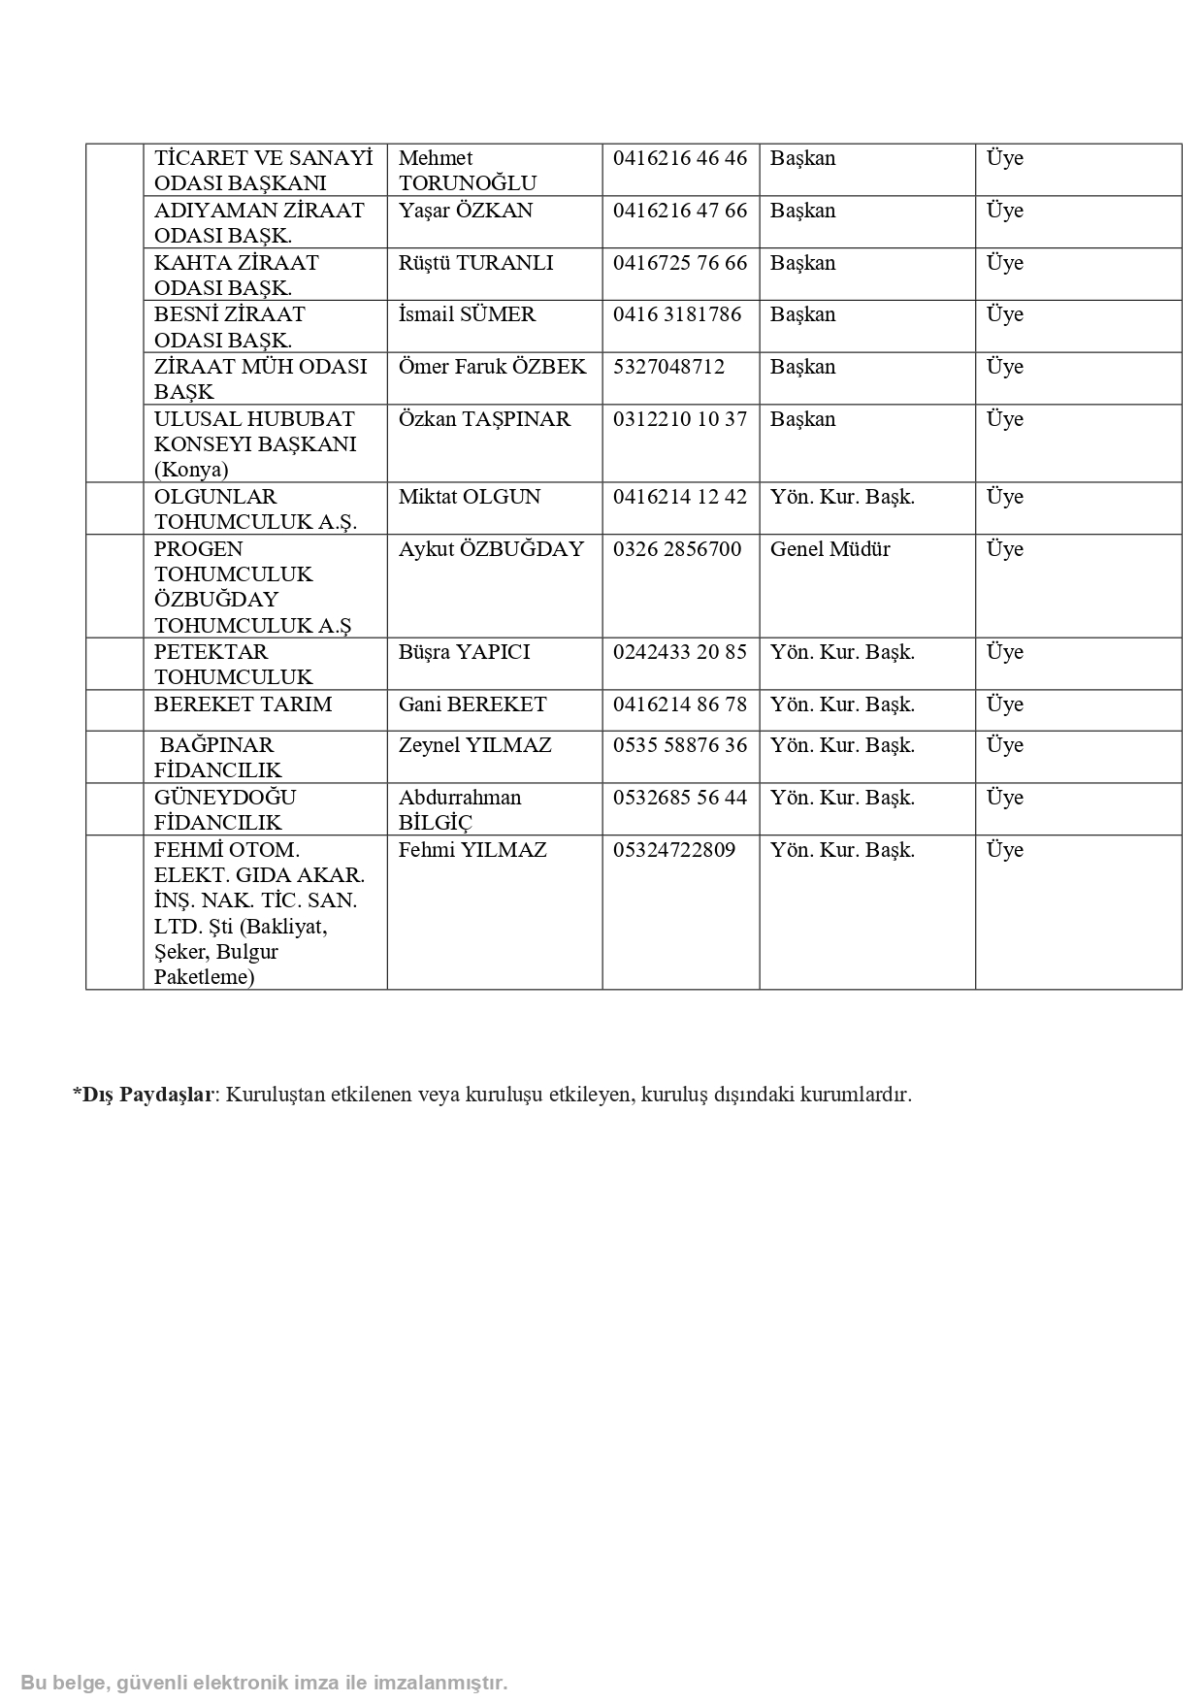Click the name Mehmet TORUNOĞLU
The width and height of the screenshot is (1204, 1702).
[x=467, y=171]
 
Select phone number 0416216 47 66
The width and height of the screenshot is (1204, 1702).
[x=680, y=211]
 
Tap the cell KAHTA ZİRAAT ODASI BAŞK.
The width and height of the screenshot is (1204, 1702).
[x=236, y=275]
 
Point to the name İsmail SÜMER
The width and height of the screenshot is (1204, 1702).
[x=467, y=314]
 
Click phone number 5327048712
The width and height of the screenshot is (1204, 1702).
[x=668, y=367]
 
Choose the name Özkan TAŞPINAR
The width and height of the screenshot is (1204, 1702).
[x=484, y=419]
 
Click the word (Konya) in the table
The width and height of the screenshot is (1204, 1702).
[x=191, y=470]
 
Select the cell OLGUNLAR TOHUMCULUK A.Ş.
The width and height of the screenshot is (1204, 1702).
[x=255, y=508]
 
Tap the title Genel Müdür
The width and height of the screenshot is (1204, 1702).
[x=830, y=549]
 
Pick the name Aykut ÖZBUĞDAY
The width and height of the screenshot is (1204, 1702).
[x=491, y=549]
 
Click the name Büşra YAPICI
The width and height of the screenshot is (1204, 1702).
[x=464, y=652]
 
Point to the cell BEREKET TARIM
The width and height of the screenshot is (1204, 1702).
[x=243, y=704]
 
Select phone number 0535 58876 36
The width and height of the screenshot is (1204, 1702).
[x=680, y=745]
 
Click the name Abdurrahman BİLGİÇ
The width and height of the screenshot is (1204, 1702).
[x=460, y=809]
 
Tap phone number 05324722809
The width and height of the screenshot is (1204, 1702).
[x=674, y=850]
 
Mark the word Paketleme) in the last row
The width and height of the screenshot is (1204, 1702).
[x=204, y=977]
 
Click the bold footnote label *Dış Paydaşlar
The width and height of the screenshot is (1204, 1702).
[x=143, y=1095]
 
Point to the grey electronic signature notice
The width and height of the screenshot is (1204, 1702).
[x=264, y=1683]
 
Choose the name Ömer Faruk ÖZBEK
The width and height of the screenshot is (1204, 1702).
[x=492, y=367]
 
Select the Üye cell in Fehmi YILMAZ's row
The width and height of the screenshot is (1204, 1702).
[x=1004, y=850]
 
